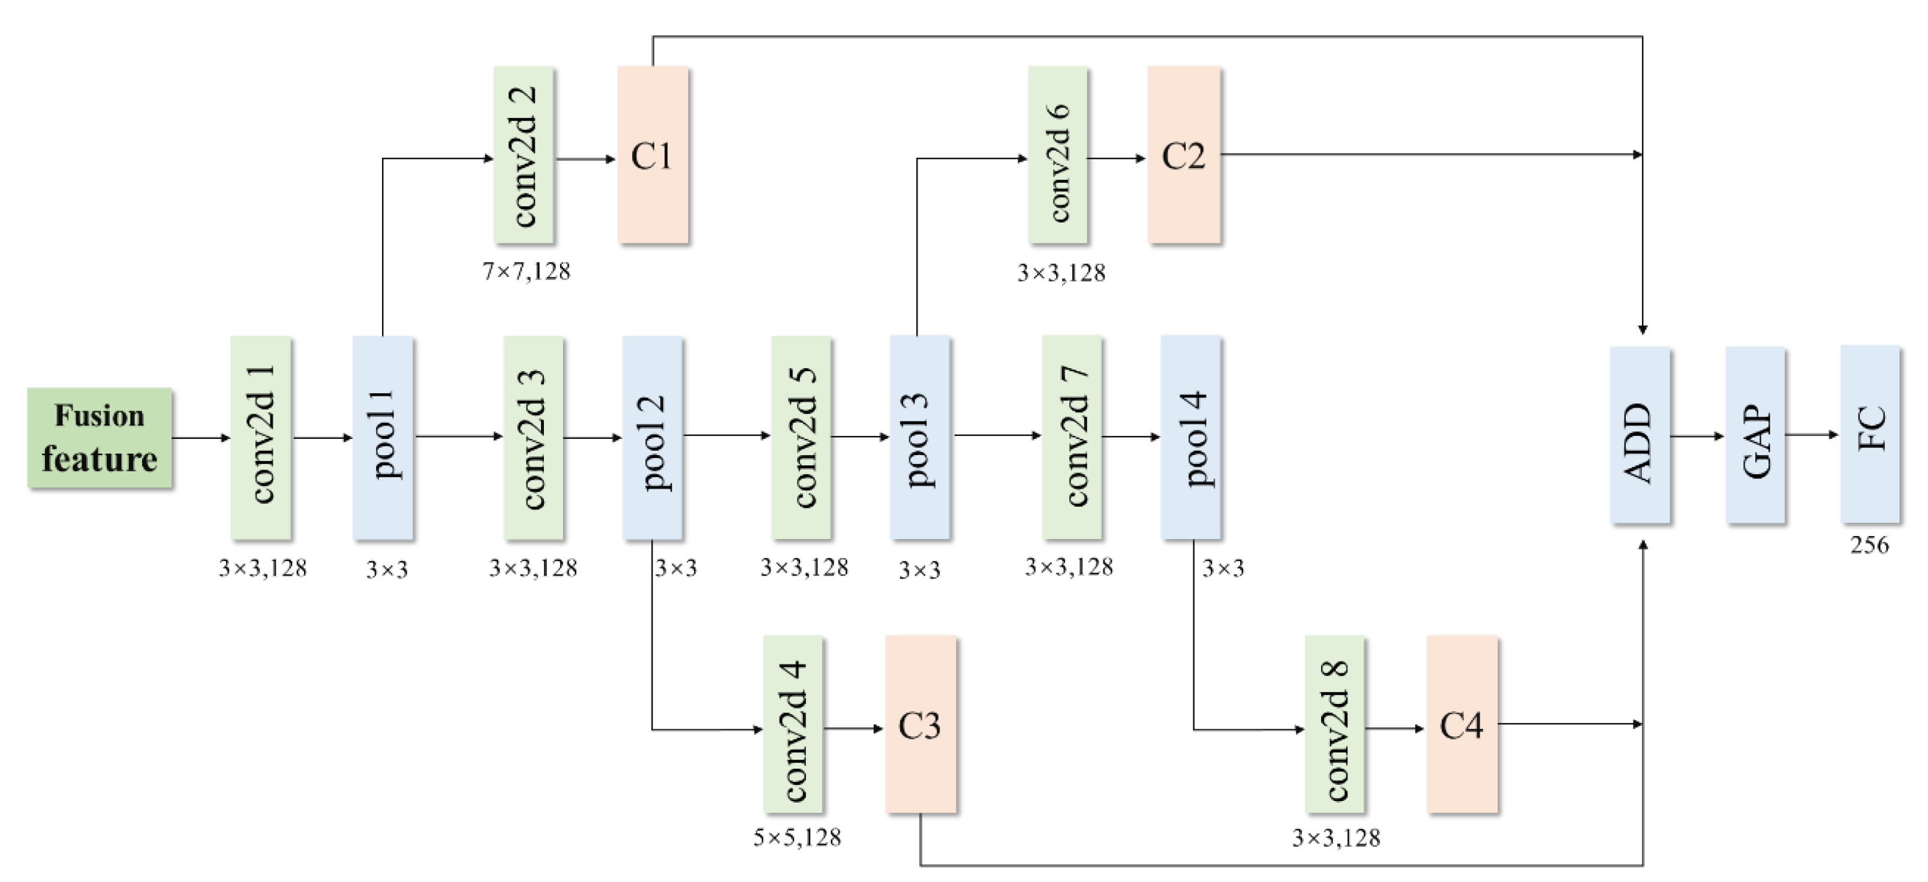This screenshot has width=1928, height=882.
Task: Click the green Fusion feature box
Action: click(x=100, y=438)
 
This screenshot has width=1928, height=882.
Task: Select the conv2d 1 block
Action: click(x=260, y=437)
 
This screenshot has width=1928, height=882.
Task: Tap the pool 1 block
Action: click(x=383, y=437)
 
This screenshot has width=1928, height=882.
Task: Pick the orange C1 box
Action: click(x=652, y=155)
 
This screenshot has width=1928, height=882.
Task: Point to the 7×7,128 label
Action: click(x=526, y=272)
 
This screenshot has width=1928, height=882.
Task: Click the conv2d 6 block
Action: click(x=1058, y=155)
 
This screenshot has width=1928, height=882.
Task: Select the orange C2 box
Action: click(x=1184, y=155)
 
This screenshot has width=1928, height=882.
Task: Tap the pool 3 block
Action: click(x=920, y=437)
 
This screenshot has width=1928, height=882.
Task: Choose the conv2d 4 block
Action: click(x=793, y=723)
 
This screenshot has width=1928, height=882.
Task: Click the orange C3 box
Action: click(x=920, y=723)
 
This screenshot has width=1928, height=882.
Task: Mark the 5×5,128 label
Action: click(x=797, y=837)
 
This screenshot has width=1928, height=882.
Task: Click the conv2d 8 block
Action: click(x=1334, y=723)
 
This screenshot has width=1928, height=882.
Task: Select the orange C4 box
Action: click(x=1461, y=723)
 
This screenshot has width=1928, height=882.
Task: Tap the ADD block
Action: click(x=1640, y=435)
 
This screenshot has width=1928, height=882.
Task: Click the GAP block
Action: click(x=1755, y=435)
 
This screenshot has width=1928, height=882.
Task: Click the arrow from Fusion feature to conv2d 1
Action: click(x=200, y=438)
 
